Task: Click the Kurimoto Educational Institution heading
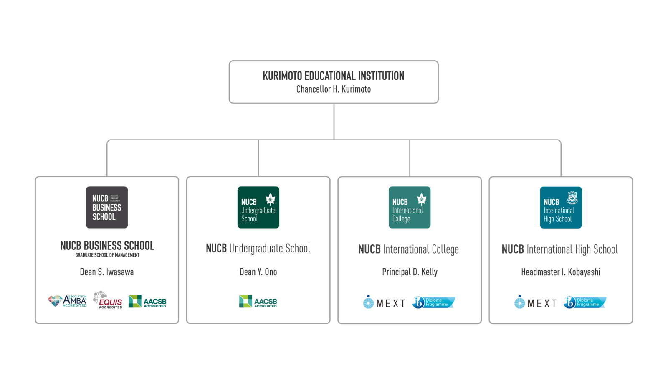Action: coord(333,76)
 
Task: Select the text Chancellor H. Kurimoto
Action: coord(333,89)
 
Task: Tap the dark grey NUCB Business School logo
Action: coord(107,207)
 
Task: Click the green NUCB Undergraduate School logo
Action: coord(258,207)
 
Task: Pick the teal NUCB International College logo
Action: coord(409,207)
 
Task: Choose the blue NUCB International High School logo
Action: coord(560,207)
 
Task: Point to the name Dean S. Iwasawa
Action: coord(107,272)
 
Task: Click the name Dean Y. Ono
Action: coord(258,272)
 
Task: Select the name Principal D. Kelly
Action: coord(410,272)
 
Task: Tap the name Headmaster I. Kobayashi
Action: coord(561,272)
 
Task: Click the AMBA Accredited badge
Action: coord(68,301)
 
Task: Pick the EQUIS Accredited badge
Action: coord(108,300)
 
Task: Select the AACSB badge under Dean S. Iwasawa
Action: coord(147,301)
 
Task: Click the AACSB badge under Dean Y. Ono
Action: coord(258,301)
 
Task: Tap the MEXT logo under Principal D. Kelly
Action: coord(385,302)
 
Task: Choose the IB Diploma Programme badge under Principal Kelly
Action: coord(434,302)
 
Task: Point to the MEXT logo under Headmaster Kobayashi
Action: coord(536,302)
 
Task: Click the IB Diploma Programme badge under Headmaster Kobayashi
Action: coord(585,302)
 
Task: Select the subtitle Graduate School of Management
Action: coord(107,255)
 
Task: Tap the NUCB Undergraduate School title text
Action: coord(258,249)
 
